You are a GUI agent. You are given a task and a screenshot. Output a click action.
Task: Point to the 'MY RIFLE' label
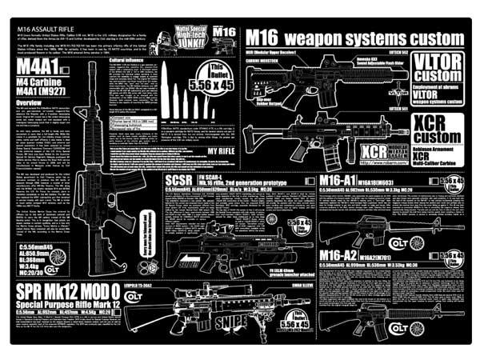(x=221, y=150)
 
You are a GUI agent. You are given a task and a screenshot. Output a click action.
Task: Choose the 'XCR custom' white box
(x=438, y=128)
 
